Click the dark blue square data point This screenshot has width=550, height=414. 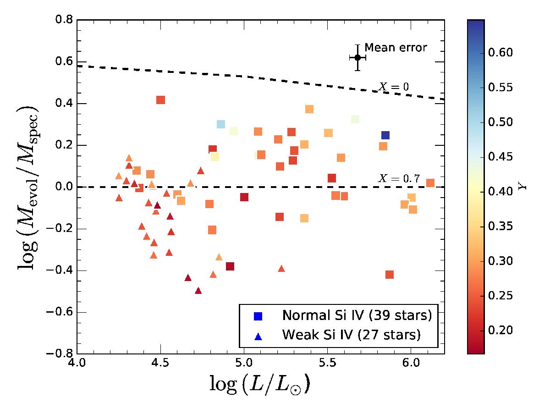click(x=385, y=135)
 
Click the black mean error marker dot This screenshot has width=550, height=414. click(x=357, y=58)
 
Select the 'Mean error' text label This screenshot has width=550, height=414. click(x=396, y=47)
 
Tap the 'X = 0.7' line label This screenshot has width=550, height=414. click(x=399, y=179)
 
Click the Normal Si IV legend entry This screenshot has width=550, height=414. click(x=357, y=315)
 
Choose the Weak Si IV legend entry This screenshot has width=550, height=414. click(x=351, y=335)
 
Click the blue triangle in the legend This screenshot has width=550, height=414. click(x=258, y=336)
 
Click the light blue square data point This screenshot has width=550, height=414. click(x=221, y=124)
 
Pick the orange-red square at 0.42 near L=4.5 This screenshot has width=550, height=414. click(x=160, y=100)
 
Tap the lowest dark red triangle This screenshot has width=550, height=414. click(x=198, y=291)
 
